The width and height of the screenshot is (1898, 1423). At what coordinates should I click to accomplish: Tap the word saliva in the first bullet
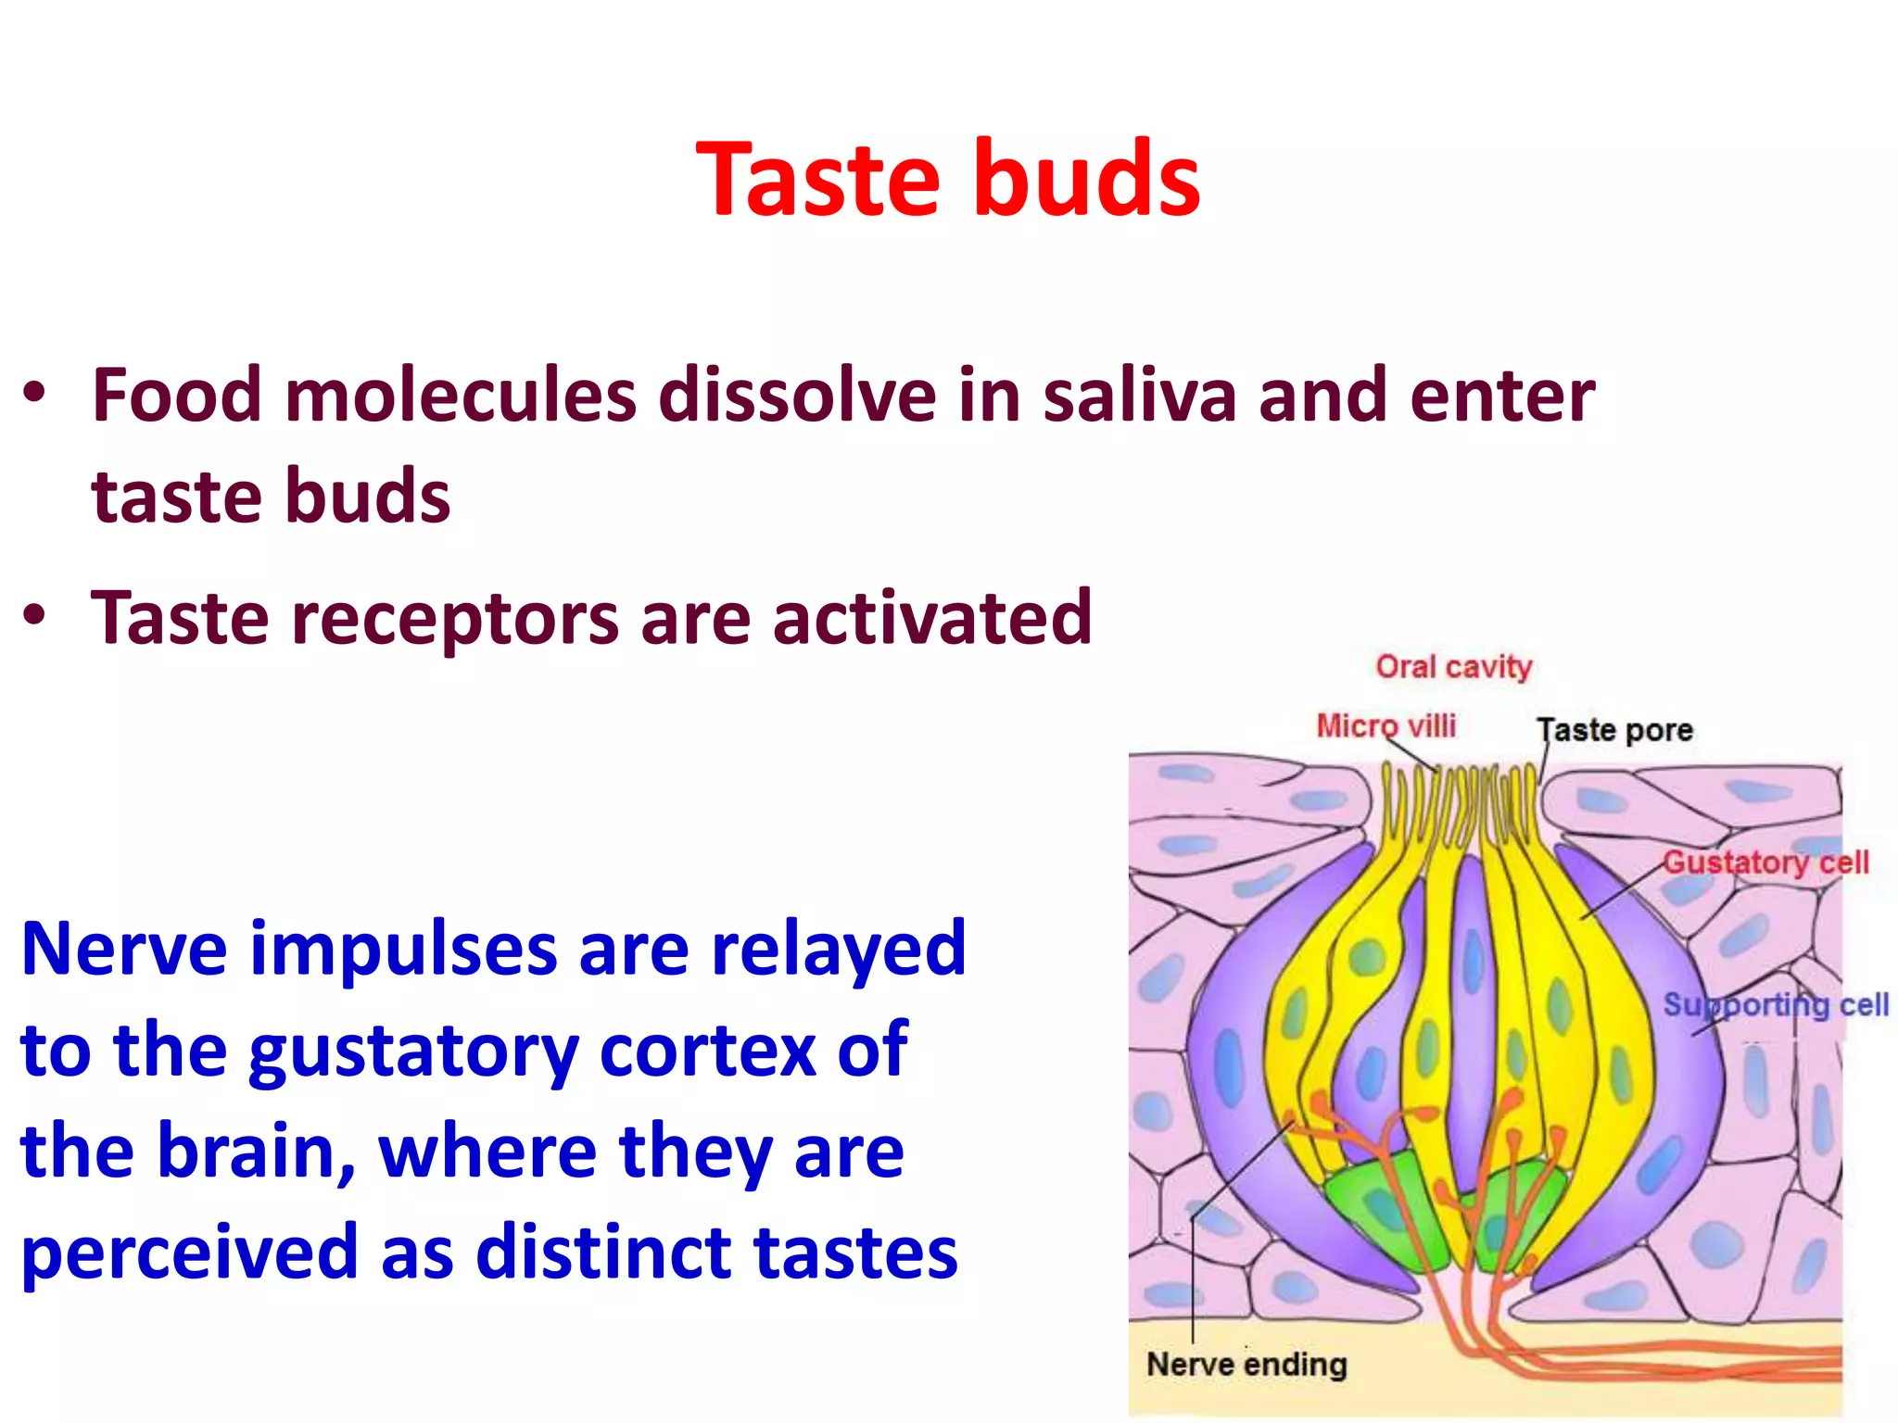click(x=1139, y=396)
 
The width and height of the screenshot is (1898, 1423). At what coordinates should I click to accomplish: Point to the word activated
click(x=931, y=618)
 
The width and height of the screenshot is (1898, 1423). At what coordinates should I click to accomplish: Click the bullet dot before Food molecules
click(x=34, y=393)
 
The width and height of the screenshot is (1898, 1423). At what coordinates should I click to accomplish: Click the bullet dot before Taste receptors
click(x=34, y=615)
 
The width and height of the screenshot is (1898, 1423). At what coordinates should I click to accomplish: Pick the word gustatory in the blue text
click(x=412, y=1052)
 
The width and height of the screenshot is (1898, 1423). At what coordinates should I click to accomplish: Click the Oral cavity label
click(x=1453, y=667)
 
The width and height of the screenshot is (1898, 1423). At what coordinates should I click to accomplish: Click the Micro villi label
click(x=1386, y=726)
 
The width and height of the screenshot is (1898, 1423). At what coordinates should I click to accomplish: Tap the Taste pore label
click(x=1614, y=731)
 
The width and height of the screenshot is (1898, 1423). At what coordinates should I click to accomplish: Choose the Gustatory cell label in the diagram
click(x=1765, y=863)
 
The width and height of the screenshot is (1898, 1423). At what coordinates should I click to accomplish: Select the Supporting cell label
click(x=1775, y=1005)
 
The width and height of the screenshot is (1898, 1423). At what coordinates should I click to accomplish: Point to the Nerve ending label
click(x=1246, y=1365)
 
